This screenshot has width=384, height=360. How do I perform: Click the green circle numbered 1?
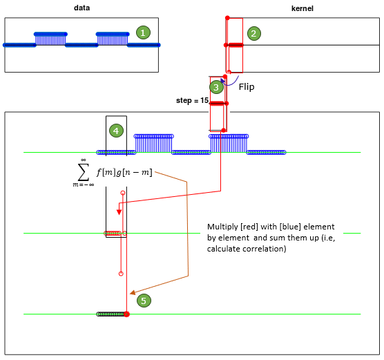[x=143, y=32]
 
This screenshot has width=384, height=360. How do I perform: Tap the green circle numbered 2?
[x=254, y=33]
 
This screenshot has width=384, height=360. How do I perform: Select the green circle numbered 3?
[x=216, y=87]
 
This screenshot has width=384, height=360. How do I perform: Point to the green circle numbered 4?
[x=116, y=131]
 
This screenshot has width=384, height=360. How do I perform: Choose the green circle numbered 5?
[x=144, y=301]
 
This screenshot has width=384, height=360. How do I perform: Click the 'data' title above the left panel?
[x=81, y=8]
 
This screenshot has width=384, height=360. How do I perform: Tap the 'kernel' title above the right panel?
[x=303, y=8]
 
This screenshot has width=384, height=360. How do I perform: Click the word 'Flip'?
[x=247, y=87]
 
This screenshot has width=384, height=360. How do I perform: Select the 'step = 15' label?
[x=192, y=100]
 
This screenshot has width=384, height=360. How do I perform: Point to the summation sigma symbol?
[x=84, y=172]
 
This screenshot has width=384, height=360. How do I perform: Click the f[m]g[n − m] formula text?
[x=124, y=172]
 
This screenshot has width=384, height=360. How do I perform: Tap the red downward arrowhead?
[x=119, y=212]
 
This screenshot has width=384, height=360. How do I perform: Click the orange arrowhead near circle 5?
[x=133, y=292]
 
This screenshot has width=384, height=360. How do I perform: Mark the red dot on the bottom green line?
[x=126, y=314]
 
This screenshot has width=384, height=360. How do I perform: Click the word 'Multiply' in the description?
[x=222, y=227]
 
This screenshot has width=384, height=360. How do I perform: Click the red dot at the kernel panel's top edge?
[x=227, y=18]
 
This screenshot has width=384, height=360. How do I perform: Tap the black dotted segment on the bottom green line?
[x=111, y=314]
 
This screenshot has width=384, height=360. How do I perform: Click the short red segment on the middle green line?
[x=113, y=233]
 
